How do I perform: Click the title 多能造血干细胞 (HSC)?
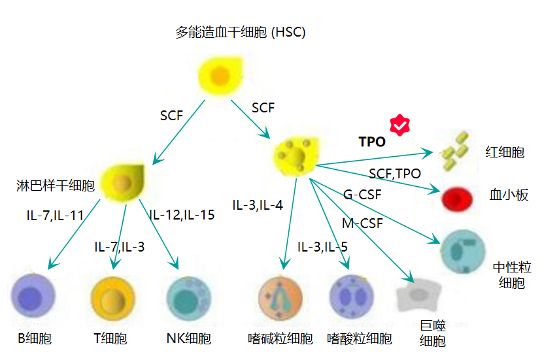(x=240, y=31)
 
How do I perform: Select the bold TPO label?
(x=372, y=142)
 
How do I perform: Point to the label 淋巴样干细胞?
(x=56, y=186)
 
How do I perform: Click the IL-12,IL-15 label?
(x=181, y=215)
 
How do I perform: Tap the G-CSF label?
(x=362, y=194)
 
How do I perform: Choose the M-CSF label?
(x=362, y=223)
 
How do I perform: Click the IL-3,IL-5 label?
(x=322, y=247)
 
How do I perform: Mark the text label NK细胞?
(x=189, y=338)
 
